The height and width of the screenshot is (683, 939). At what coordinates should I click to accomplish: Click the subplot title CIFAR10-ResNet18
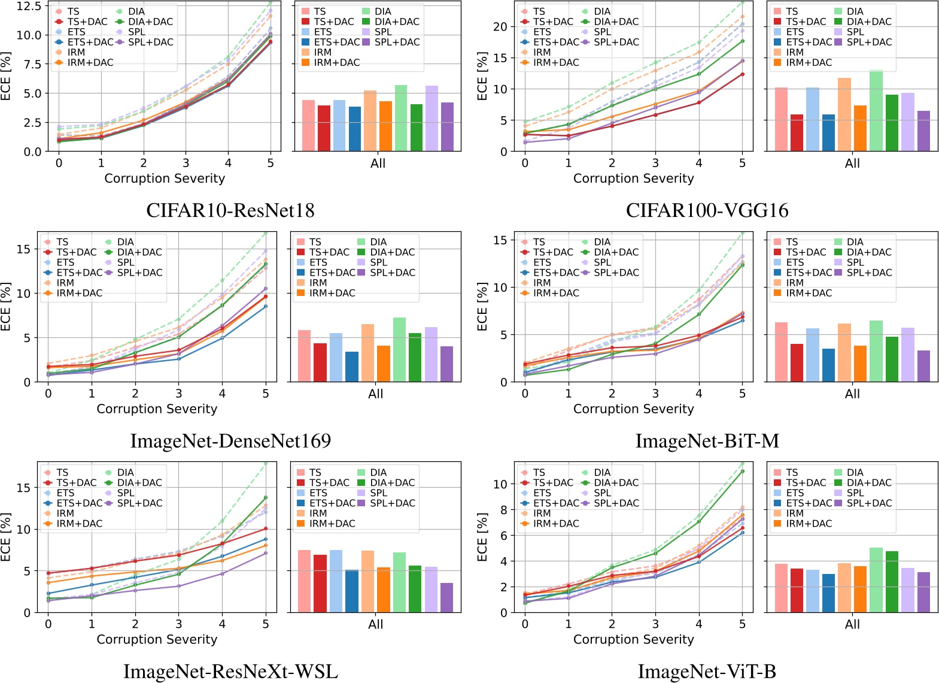pyautogui.click(x=230, y=210)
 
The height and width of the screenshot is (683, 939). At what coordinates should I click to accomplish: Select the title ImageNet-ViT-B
pyautogui.click(x=707, y=672)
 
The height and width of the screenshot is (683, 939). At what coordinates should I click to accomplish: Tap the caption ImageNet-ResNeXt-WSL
pyautogui.click(x=230, y=672)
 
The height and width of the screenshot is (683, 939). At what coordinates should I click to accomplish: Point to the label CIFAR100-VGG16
pyautogui.click(x=707, y=210)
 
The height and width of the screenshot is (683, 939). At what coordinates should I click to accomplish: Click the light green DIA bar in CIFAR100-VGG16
pyautogui.click(x=876, y=111)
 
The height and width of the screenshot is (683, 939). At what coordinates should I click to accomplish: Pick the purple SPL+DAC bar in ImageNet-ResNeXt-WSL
pyautogui.click(x=446, y=597)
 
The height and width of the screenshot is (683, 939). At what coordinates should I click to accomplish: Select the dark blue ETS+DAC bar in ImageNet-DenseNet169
pyautogui.click(x=352, y=367)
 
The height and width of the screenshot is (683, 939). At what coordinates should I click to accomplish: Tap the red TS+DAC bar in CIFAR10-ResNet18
pyautogui.click(x=324, y=128)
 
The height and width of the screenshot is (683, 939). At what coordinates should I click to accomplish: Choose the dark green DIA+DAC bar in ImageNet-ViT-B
pyautogui.click(x=892, y=582)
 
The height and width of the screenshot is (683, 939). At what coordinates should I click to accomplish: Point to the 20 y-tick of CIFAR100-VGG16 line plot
pyautogui.click(x=500, y=27)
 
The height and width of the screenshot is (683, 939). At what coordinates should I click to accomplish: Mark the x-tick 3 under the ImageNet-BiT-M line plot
pyautogui.click(x=655, y=394)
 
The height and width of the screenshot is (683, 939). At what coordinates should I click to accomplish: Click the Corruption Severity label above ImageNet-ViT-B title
pyautogui.click(x=633, y=639)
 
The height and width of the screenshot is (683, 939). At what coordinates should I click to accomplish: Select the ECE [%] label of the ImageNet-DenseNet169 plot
pyautogui.click(x=6, y=307)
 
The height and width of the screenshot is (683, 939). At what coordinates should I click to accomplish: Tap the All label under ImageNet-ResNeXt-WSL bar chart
pyautogui.click(x=375, y=624)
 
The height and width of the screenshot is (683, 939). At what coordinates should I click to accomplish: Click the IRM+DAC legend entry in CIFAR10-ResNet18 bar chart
pyautogui.click(x=336, y=62)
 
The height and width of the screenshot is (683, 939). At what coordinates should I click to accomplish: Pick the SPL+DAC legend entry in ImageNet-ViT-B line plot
pyautogui.click(x=616, y=503)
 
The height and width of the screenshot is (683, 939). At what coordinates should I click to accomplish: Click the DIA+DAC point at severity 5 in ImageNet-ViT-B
pyautogui.click(x=742, y=471)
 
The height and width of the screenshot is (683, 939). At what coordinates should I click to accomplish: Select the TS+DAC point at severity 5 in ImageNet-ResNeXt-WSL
pyautogui.click(x=265, y=528)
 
